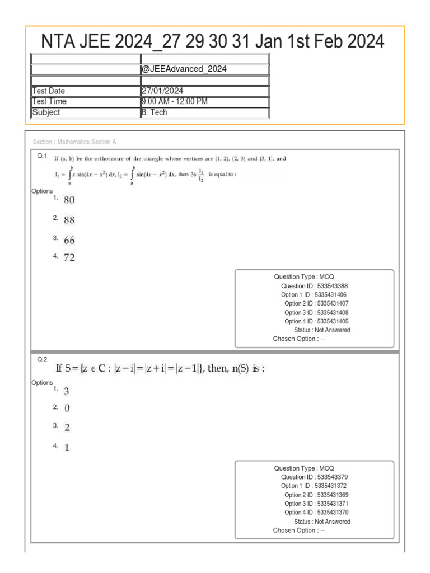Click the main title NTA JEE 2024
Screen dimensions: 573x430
(213, 41)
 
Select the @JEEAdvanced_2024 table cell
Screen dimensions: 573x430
(184, 69)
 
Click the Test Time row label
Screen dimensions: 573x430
(49, 101)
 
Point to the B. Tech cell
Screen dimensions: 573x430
(154, 112)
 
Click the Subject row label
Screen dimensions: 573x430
(46, 112)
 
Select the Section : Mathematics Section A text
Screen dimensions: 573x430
(74, 142)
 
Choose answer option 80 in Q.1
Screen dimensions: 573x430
(69, 200)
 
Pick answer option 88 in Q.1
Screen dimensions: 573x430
(69, 220)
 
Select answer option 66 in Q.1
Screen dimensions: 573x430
(69, 241)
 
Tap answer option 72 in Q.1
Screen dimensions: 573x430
(69, 258)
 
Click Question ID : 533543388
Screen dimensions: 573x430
(315, 286)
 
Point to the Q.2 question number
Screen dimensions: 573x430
(42, 359)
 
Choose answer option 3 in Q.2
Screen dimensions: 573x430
(66, 391)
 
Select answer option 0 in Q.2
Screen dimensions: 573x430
(67, 408)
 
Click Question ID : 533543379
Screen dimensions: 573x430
(315, 477)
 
